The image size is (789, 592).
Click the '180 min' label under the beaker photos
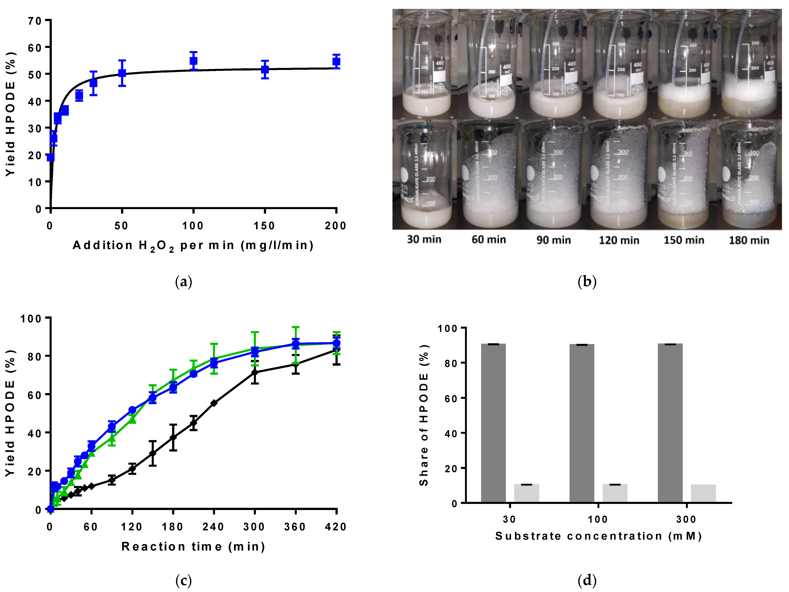[x=749, y=240]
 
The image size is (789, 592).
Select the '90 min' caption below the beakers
[x=554, y=240]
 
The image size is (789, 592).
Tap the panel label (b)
[x=587, y=282]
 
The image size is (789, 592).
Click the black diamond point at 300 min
[x=255, y=372]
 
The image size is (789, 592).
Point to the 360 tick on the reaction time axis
[x=295, y=527]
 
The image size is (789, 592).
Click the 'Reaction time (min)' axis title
[x=193, y=547]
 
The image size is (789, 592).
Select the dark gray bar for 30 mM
[x=493, y=423]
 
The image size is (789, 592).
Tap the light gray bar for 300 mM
[x=703, y=494]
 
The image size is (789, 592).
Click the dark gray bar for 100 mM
[x=582, y=423]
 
